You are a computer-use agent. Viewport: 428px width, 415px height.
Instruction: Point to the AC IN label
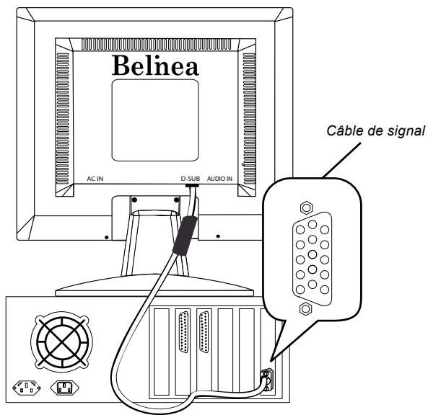95,177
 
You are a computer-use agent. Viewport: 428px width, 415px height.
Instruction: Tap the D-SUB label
191,177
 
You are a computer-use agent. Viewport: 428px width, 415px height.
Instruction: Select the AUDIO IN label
221,177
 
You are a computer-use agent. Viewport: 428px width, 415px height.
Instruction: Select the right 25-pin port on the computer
203,333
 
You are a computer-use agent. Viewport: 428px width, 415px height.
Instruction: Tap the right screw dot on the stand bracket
176,199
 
